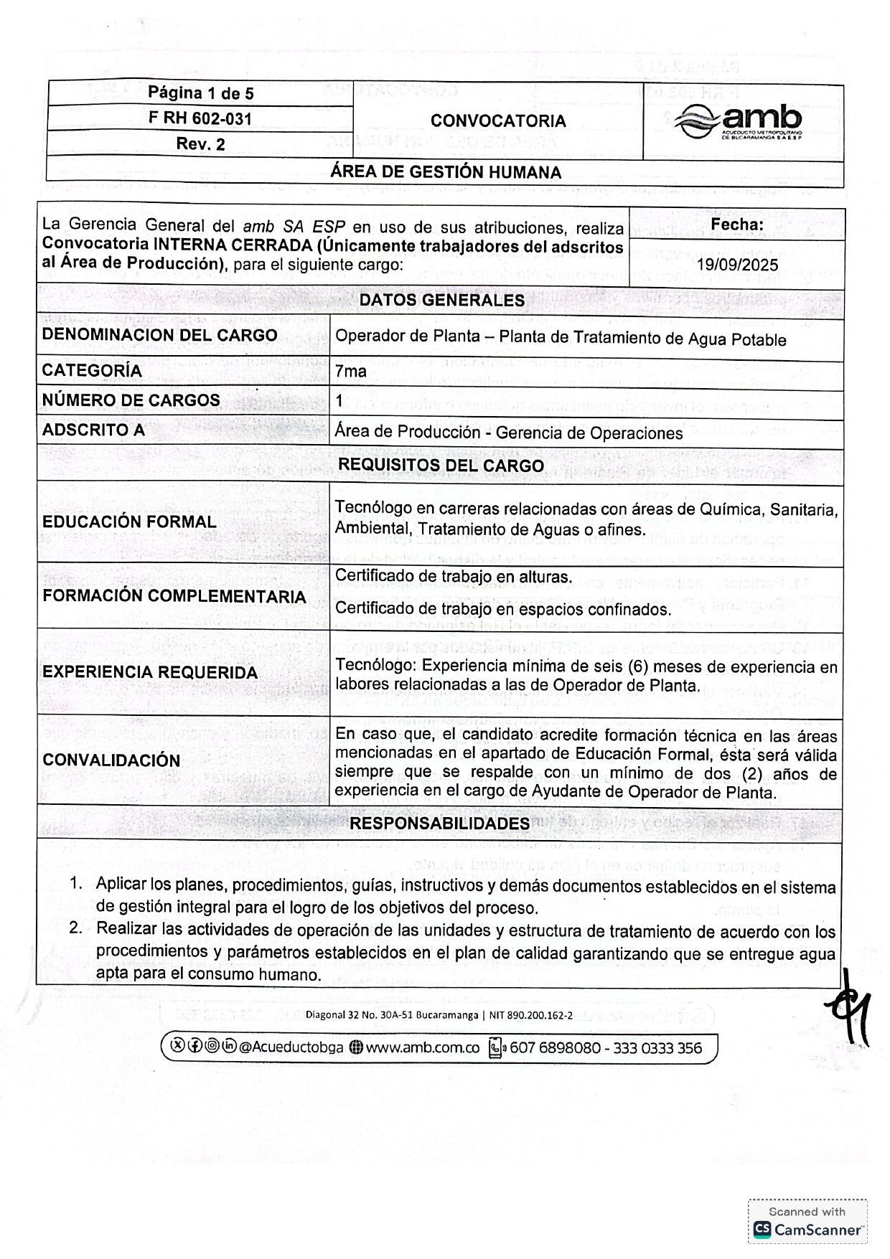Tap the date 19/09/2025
(x=737, y=265)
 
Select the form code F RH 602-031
(x=200, y=118)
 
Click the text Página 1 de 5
(x=200, y=93)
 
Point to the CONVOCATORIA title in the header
(x=498, y=121)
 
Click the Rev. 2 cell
(x=200, y=144)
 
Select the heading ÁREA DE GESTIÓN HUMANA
(x=445, y=172)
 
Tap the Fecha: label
(x=736, y=225)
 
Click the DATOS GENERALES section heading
(x=442, y=300)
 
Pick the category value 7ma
(x=351, y=371)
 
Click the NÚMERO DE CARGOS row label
(x=131, y=400)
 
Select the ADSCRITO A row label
(x=93, y=430)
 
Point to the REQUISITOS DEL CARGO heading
(x=441, y=465)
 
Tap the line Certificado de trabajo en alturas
(x=454, y=576)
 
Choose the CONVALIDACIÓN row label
(x=111, y=760)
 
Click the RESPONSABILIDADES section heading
(x=439, y=823)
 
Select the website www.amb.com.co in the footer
(x=422, y=1047)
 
